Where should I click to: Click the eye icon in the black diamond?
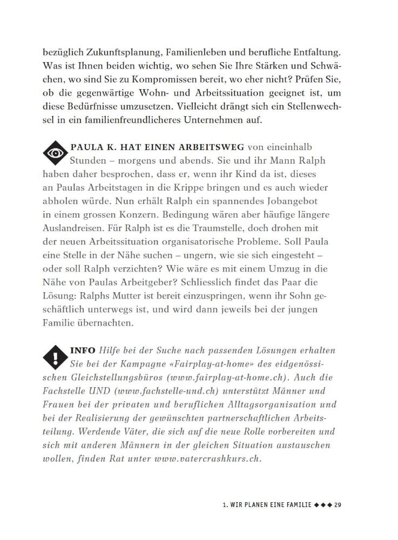pyautogui.click(x=56, y=154)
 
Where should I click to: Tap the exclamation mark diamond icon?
pyautogui.click(x=56, y=357)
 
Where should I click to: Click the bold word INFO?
pyautogui.click(x=83, y=350)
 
